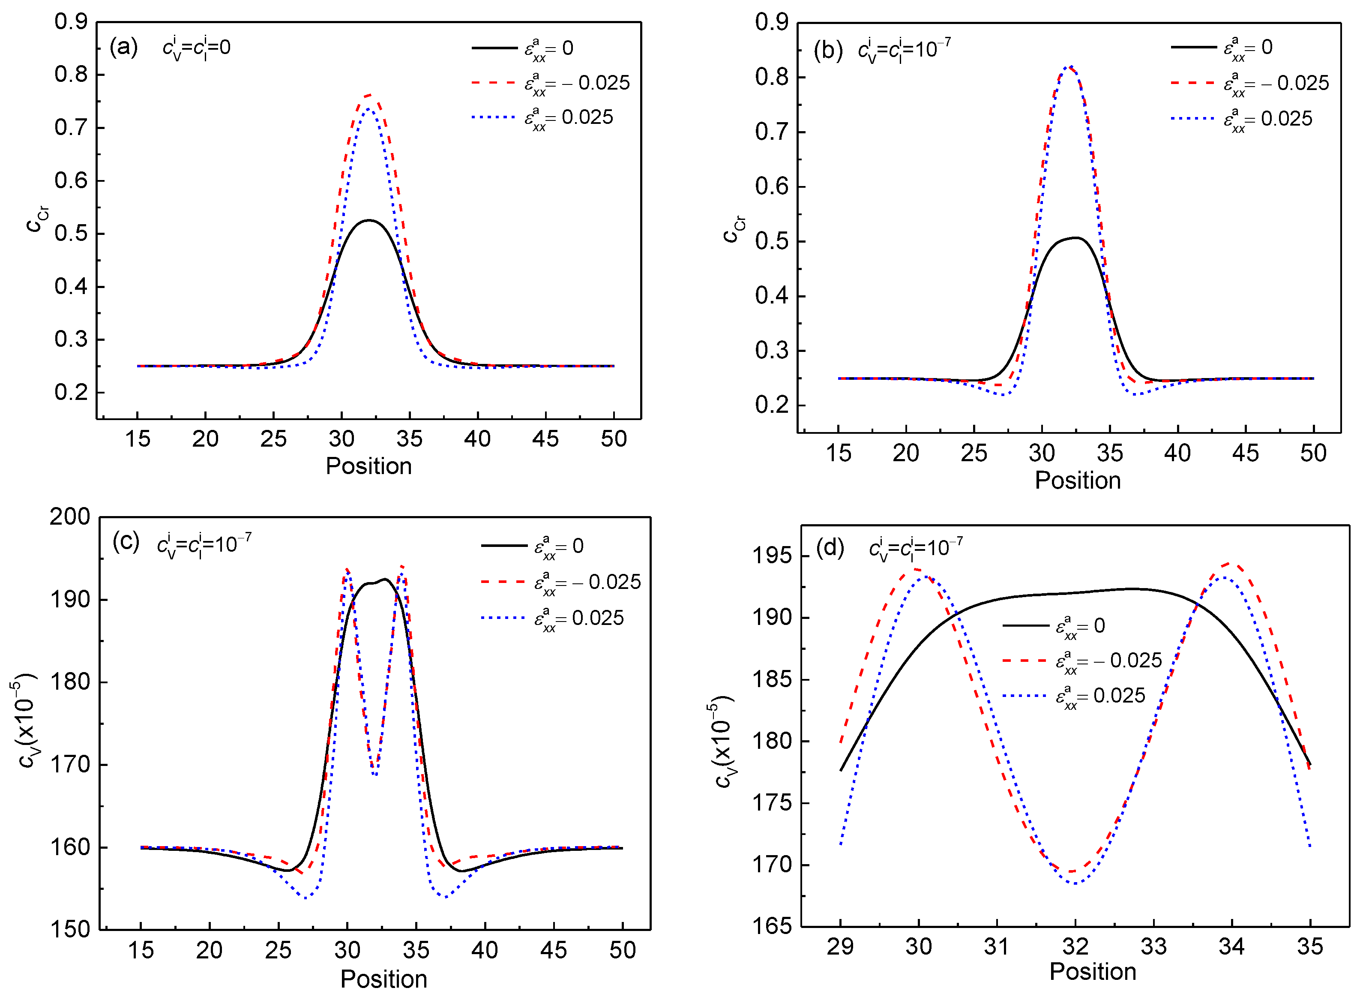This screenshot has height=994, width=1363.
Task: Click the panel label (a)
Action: point(123,47)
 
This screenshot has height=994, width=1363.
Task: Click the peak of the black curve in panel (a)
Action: point(369,220)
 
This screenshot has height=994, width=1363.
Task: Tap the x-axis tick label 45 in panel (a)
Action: point(545,438)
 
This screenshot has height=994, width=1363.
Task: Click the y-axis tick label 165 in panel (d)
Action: point(772,925)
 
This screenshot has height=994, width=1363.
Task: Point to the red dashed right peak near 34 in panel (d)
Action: point(1231,564)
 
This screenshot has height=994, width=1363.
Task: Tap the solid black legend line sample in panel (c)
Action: point(504,546)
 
